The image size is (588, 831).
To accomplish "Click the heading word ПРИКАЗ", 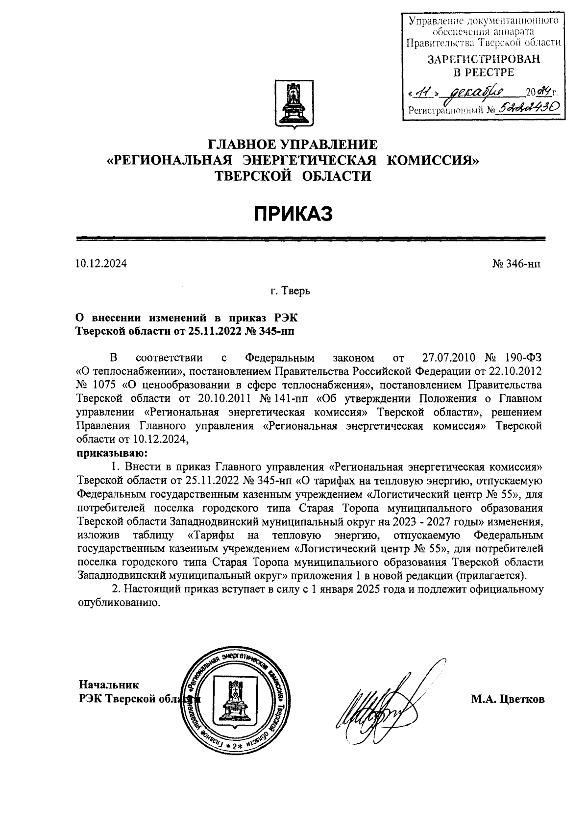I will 293,214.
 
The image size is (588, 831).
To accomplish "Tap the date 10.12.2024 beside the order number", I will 101,264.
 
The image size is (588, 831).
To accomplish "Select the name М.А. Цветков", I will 508,700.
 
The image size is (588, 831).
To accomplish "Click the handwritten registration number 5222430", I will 528,110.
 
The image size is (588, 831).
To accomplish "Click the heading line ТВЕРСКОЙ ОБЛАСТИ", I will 293,176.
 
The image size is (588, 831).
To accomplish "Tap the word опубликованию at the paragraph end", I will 120,603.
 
